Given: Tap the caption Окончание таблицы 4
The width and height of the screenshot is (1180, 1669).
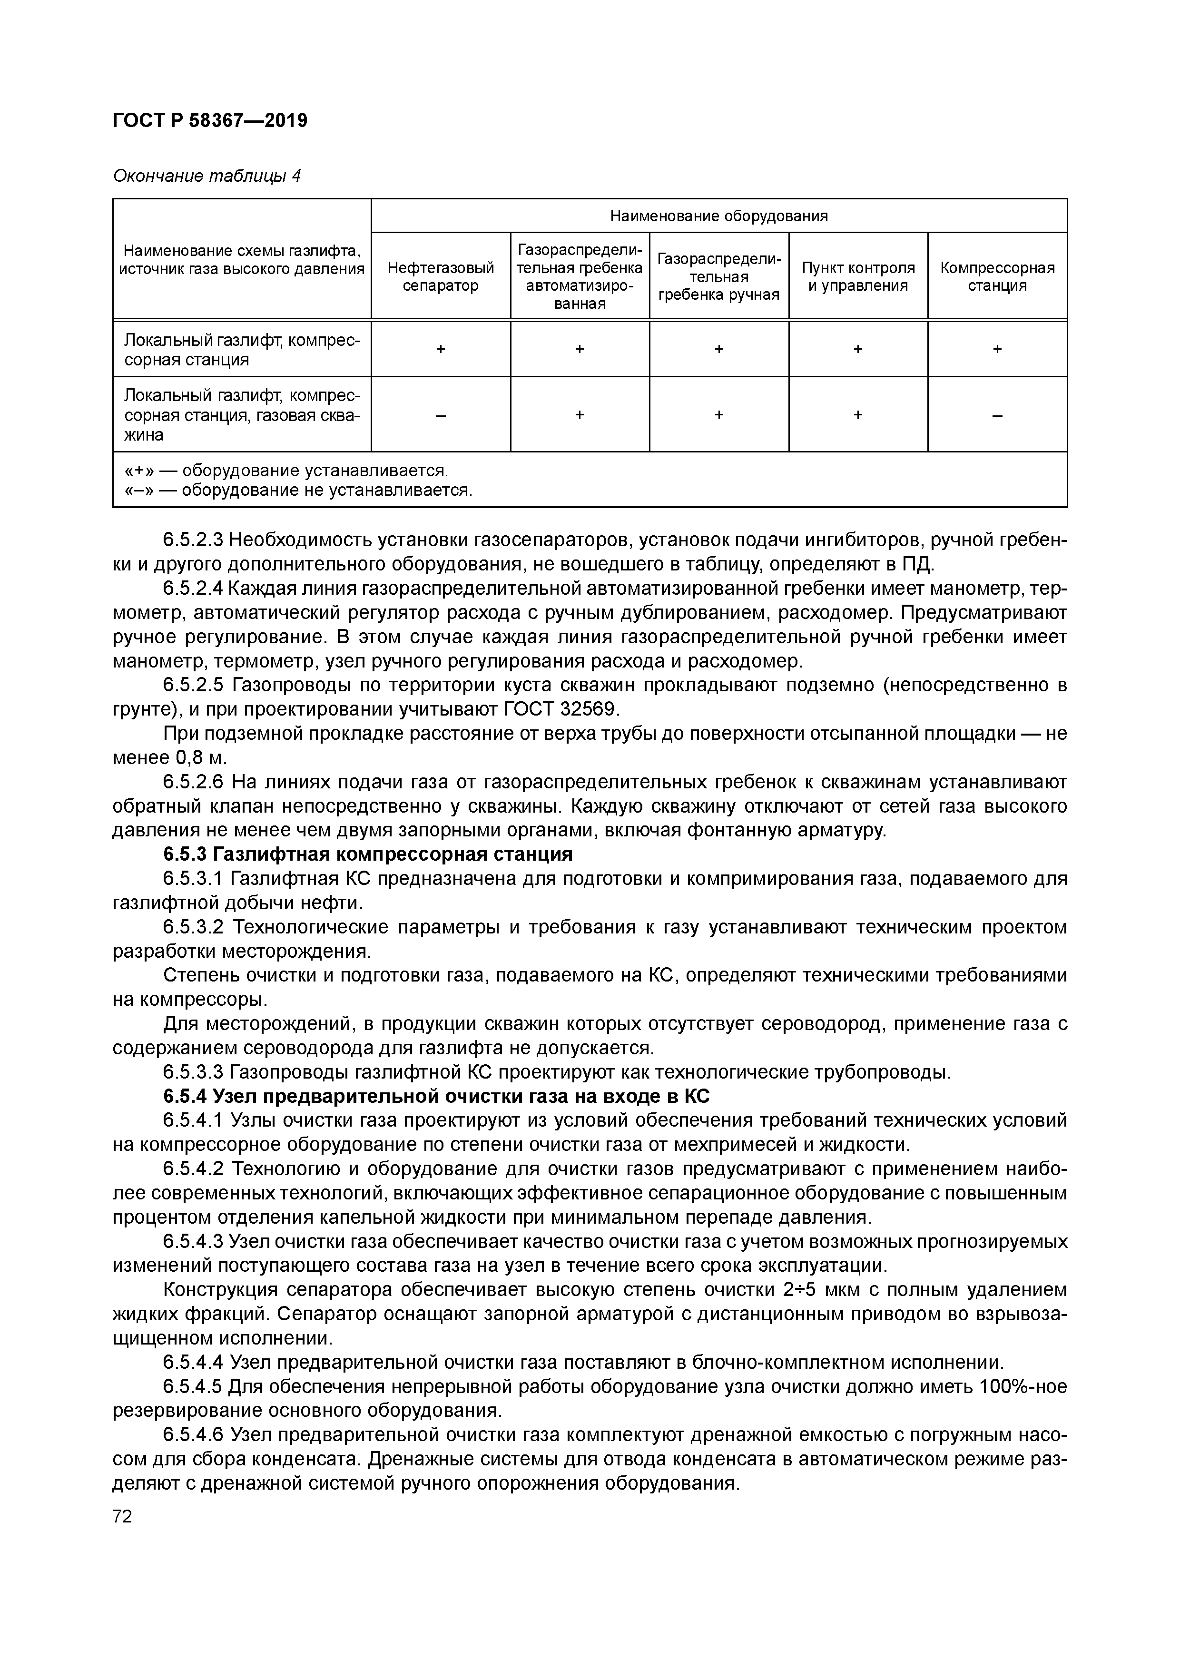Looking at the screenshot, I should point(206,176).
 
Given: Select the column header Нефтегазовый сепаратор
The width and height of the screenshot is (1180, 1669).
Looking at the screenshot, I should point(441,276).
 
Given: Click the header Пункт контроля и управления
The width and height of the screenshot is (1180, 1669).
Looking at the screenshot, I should point(858,276).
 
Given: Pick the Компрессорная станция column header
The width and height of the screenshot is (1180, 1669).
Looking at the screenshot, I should point(997,276).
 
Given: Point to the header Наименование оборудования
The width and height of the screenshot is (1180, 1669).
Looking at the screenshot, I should point(718,216).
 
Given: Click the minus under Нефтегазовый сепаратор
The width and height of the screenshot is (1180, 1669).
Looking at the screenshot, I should point(441,415).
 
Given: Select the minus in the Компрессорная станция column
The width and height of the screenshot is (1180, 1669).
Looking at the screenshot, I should point(997,415).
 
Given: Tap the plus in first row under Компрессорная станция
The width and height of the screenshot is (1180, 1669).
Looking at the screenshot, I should point(997,349).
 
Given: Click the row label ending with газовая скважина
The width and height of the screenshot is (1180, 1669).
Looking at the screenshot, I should point(241,415).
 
